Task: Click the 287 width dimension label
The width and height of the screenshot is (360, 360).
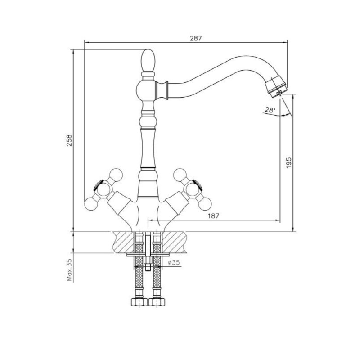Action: coord(196,38)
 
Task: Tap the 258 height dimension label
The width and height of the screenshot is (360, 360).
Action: coord(69,140)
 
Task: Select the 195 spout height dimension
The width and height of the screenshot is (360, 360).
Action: coord(289,163)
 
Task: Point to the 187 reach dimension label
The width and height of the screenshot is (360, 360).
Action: coord(213,216)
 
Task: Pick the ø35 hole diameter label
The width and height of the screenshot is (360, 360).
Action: coord(174,262)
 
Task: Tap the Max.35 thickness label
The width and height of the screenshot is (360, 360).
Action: coord(69,270)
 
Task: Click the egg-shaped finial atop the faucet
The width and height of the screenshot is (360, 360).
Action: coord(148,61)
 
